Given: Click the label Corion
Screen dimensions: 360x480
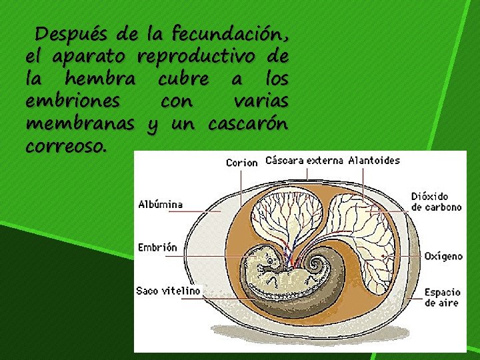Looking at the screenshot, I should click(x=241, y=162).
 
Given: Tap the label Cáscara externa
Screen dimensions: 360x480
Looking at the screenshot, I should click(x=304, y=160).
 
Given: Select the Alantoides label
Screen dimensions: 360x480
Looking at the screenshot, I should click(x=374, y=160).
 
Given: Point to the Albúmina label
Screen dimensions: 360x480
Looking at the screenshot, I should click(x=161, y=204).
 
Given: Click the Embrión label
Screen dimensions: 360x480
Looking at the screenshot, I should click(x=157, y=247).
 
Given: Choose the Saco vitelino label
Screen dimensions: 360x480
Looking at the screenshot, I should click(x=168, y=291).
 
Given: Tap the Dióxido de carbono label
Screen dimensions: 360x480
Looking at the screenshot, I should click(x=437, y=201).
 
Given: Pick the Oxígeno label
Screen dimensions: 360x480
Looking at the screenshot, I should click(x=443, y=255).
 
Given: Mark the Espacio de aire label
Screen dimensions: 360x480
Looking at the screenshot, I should click(x=443, y=297).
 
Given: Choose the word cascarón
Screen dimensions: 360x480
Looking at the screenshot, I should click(x=248, y=124).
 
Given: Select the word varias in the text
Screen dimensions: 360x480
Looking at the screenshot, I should click(x=260, y=101).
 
